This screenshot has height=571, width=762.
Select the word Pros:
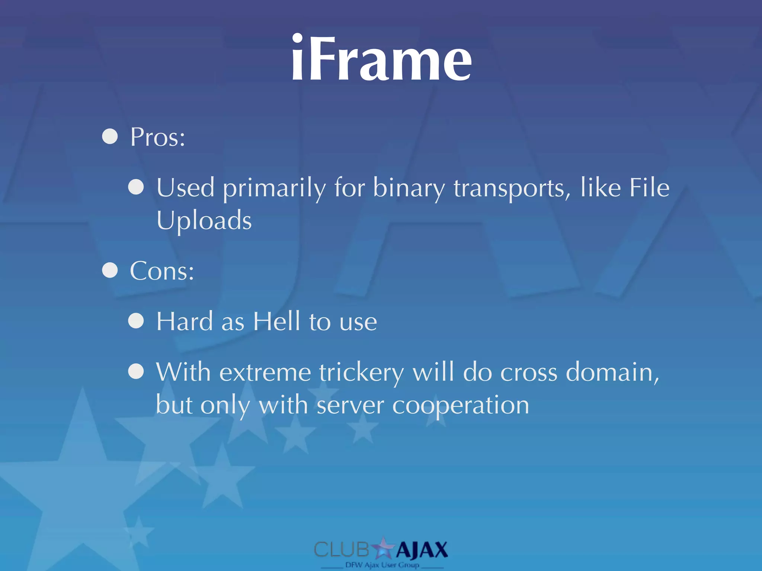click(x=157, y=137)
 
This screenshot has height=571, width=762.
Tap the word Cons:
click(x=162, y=271)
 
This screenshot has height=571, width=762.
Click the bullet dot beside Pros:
click(x=110, y=136)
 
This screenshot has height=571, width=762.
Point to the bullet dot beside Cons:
click(x=110, y=270)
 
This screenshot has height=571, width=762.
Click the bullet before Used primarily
click(x=136, y=187)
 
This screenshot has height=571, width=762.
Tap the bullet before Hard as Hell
click(x=136, y=321)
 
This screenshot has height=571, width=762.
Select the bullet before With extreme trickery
click(x=136, y=371)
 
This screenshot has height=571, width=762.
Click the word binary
click(x=409, y=188)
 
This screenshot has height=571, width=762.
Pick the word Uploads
click(x=204, y=220)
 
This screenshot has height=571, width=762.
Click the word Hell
click(x=276, y=321)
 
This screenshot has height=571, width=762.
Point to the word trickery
click(x=361, y=372)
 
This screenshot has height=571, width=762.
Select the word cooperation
click(x=461, y=405)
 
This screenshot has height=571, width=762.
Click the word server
click(x=350, y=405)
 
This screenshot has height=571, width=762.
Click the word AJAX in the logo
click(x=422, y=550)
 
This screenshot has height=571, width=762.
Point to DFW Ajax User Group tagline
click(x=382, y=565)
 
